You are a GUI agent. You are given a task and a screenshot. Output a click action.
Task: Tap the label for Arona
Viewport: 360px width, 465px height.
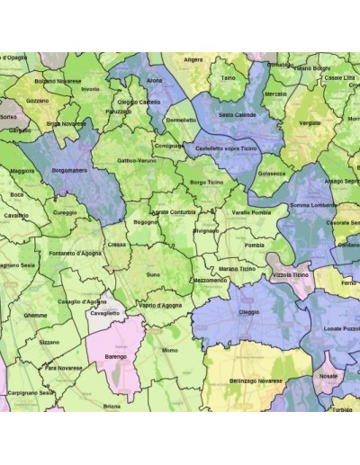(154, 80)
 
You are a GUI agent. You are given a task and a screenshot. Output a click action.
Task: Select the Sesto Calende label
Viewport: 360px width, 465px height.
(238, 115)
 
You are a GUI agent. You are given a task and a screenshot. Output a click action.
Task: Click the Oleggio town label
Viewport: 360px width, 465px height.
(248, 312)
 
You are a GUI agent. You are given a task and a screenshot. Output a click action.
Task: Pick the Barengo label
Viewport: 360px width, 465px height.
(117, 356)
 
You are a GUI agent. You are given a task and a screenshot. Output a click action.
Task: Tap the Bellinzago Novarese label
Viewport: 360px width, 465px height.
(252, 380)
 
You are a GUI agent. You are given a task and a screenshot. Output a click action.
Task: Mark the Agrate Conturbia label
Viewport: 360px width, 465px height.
(173, 211)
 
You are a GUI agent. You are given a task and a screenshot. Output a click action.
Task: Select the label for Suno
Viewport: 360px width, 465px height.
(153, 274)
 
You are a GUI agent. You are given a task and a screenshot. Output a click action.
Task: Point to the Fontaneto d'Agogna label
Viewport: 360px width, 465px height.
(76, 253)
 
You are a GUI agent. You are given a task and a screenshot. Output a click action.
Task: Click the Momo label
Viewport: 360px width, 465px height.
(170, 349)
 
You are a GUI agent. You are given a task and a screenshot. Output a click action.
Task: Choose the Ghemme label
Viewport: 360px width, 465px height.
(36, 316)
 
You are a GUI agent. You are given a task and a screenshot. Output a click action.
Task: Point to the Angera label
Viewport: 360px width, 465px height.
(193, 60)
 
